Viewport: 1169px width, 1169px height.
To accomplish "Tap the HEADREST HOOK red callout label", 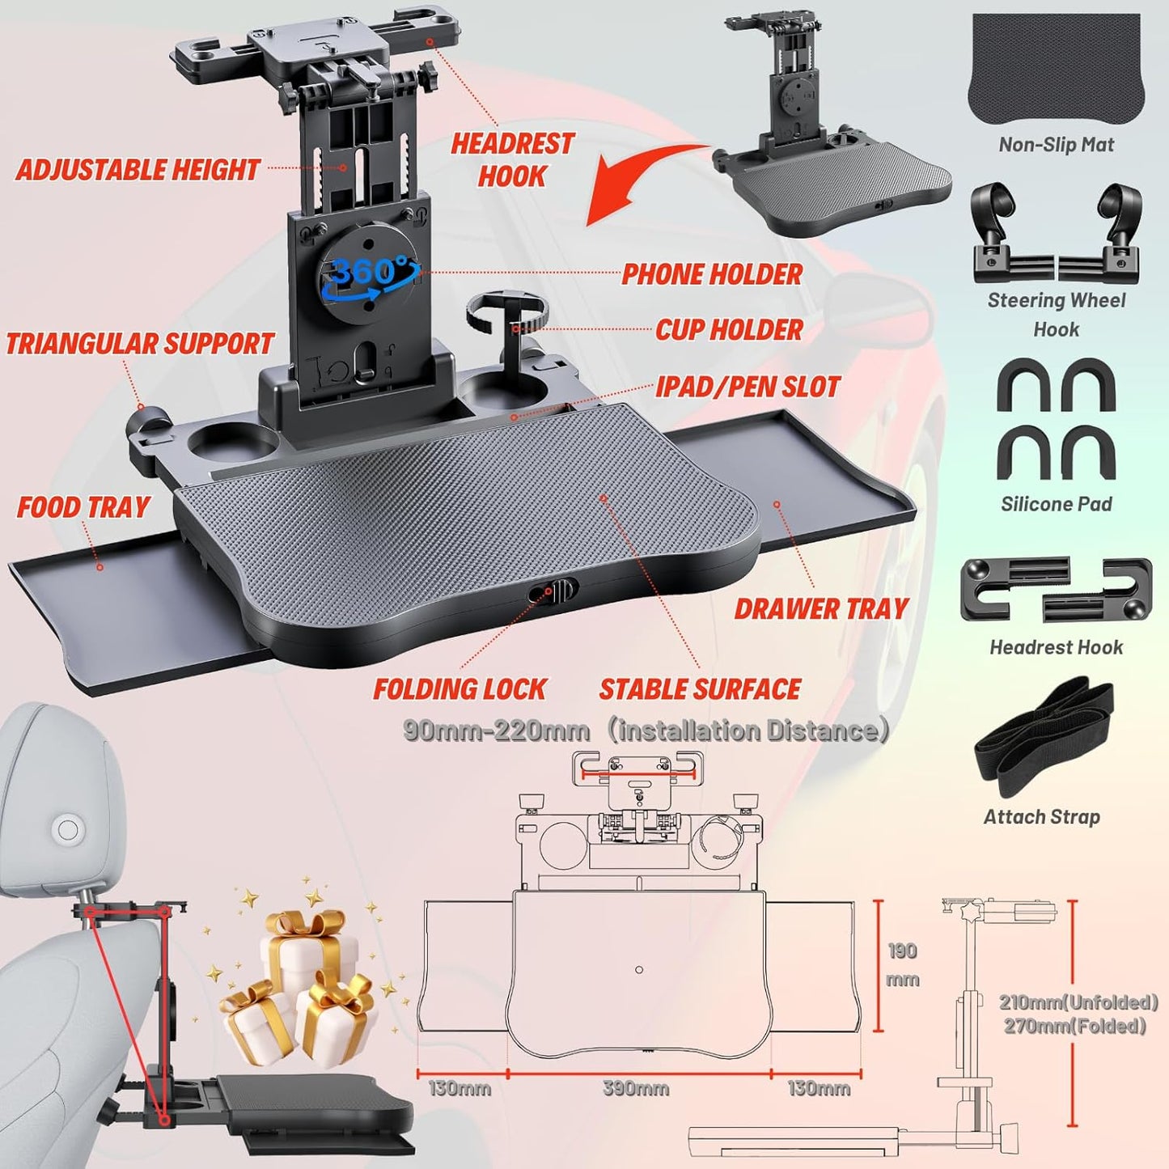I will tap(512, 160).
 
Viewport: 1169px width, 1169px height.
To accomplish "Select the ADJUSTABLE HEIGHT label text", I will tap(138, 170).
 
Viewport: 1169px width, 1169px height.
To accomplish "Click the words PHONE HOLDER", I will tap(712, 274).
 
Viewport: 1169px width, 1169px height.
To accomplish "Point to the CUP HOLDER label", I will tap(729, 330).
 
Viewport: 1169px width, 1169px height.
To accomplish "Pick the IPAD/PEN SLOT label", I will tap(748, 387).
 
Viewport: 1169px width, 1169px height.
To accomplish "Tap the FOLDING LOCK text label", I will tap(460, 689).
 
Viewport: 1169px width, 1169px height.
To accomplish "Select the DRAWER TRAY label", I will tap(821, 609).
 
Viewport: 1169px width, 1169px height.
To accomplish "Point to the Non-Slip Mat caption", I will tap(1056, 145).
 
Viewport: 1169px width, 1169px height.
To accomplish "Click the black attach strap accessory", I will tap(1044, 736).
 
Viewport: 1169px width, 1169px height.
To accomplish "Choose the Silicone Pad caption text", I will tap(1056, 504).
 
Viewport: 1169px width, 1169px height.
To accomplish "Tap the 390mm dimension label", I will tap(636, 1088).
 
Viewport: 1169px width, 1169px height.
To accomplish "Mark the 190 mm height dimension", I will tap(902, 964).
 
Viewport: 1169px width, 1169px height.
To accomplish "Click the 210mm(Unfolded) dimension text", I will tap(1078, 1002).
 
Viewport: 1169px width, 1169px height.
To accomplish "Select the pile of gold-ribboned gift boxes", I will tap(299, 987).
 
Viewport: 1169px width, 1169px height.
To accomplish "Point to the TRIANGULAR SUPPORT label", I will tap(139, 344).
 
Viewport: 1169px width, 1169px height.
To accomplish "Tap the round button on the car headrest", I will tap(68, 829).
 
